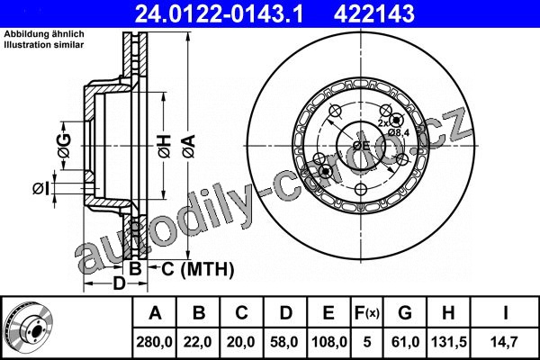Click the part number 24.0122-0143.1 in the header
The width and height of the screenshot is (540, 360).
[219, 13]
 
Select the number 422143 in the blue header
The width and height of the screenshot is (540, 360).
[374, 13]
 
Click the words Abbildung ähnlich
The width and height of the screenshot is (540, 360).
[44, 34]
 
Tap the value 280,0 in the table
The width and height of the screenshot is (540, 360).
[154, 342]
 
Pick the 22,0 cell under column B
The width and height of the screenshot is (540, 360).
[198, 342]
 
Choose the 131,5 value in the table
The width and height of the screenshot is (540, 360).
[449, 342]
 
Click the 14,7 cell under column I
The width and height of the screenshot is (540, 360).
[506, 342]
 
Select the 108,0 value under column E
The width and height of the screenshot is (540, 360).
[329, 342]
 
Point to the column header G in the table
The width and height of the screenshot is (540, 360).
[405, 313]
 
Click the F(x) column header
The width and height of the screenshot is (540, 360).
[367, 313]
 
